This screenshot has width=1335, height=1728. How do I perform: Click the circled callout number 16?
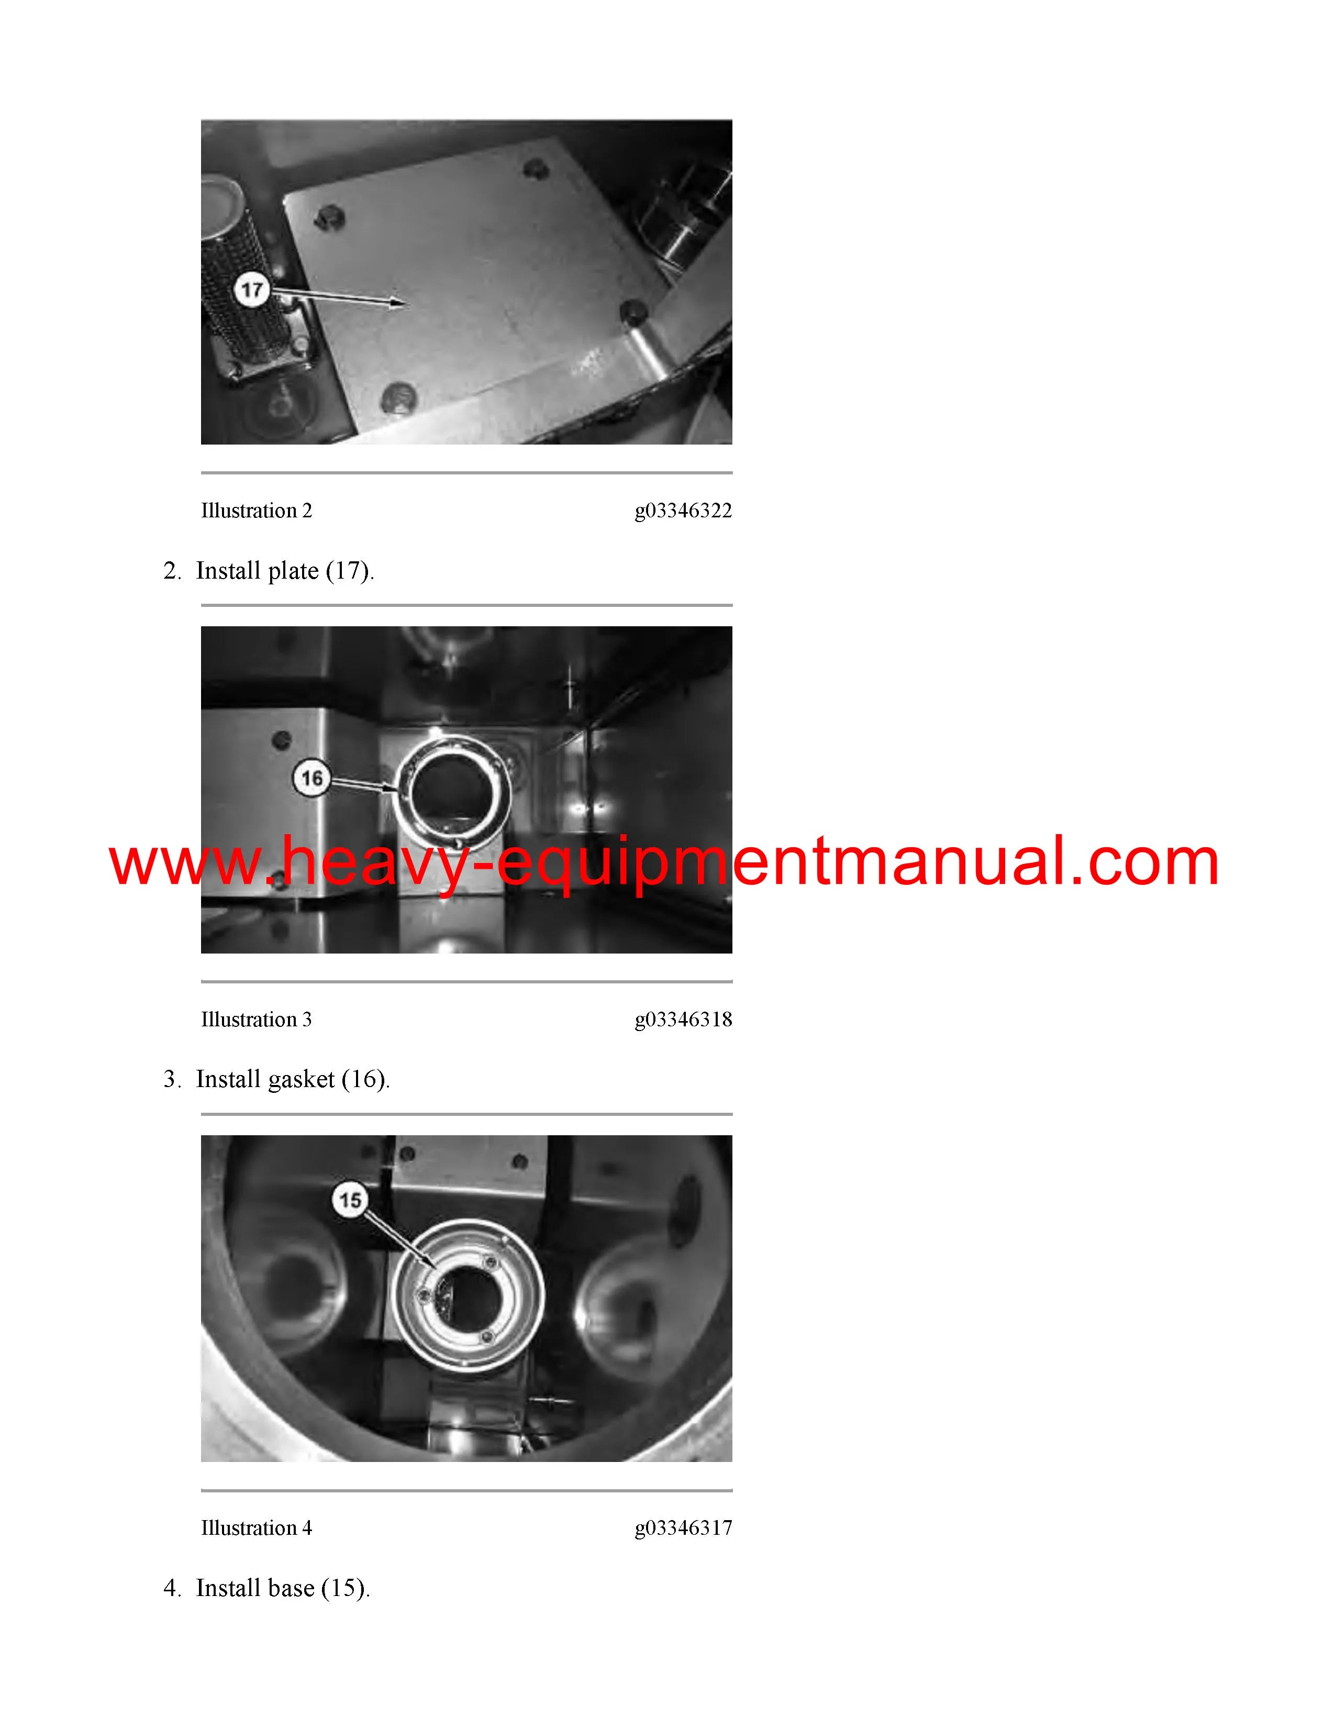coord(313,779)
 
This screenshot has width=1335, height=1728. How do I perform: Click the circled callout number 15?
coord(350,1200)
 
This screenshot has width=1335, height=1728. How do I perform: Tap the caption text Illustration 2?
coord(256,511)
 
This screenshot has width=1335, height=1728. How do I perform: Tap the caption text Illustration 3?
coord(256,1020)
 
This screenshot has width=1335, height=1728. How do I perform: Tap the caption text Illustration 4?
coord(256,1528)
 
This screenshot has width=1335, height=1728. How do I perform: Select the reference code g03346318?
coord(683,1021)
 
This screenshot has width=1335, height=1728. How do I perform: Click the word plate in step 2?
coord(293,572)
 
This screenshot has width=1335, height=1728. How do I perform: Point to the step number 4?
coord(170,1589)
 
